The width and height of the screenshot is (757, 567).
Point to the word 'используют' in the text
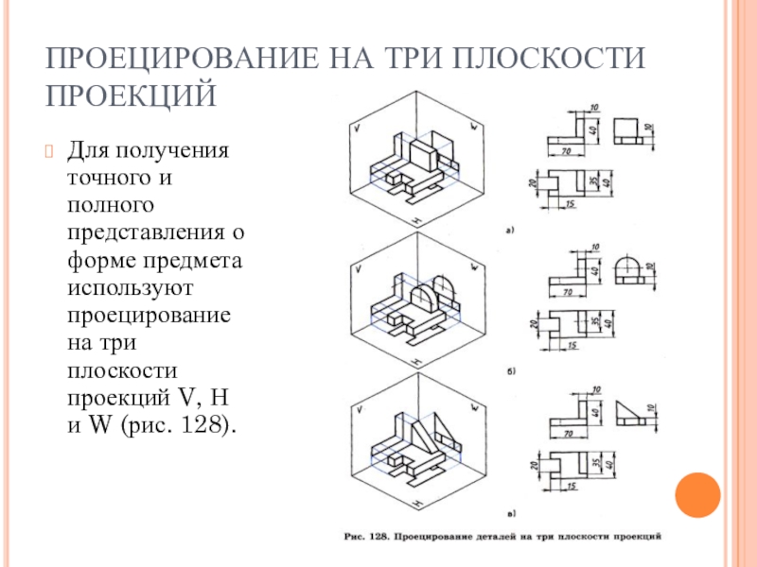(x=127, y=284)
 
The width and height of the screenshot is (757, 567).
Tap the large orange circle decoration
(x=698, y=493)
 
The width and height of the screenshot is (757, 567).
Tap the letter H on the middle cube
(x=416, y=361)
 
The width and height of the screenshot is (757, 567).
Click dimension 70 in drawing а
(x=564, y=149)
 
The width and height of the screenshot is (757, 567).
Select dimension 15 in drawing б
(x=572, y=346)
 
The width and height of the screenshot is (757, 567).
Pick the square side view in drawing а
(x=629, y=130)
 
